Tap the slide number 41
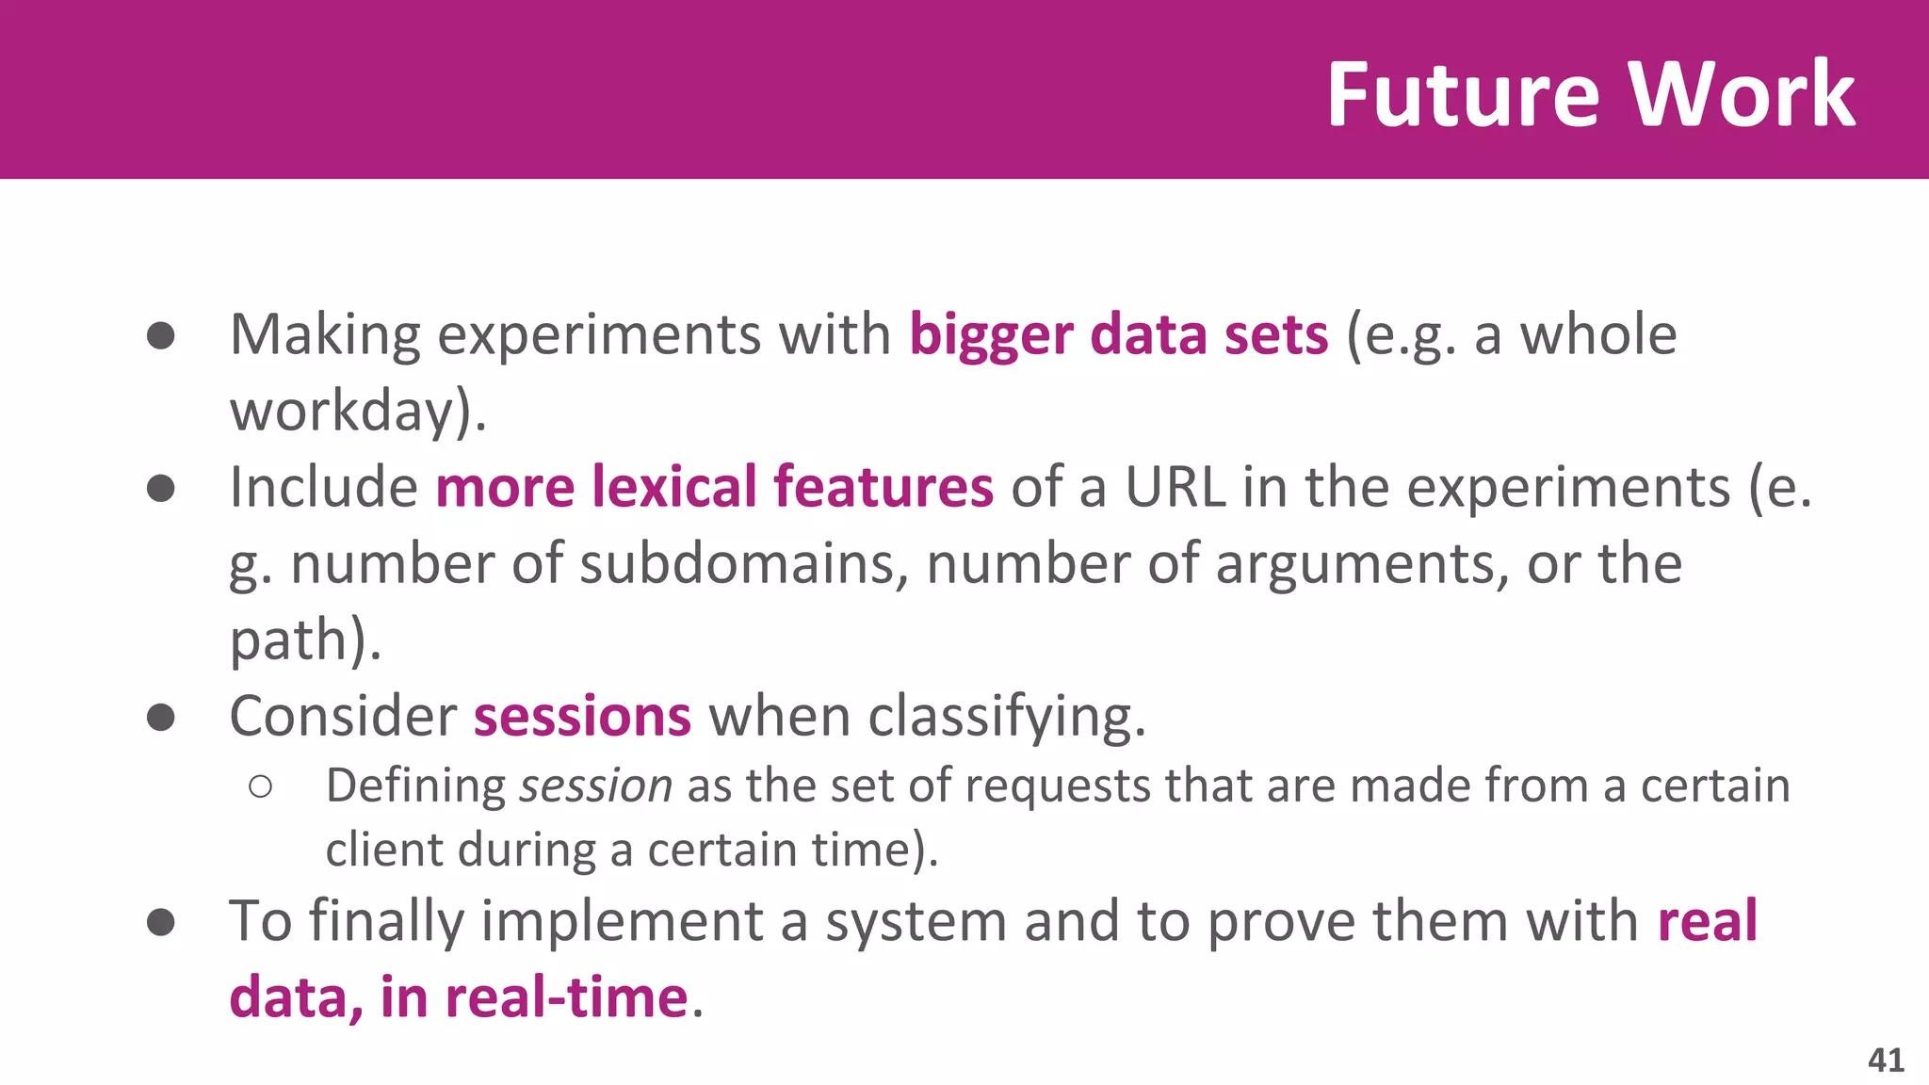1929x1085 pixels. pos(1886,1060)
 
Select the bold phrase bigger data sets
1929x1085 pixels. pos(1118,335)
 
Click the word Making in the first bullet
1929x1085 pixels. pos(325,335)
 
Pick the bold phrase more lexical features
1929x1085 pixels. pos(714,488)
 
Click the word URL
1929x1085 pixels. pos(1175,488)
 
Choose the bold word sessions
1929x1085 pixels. pos(582,717)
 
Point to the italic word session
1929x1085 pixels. pos(595,786)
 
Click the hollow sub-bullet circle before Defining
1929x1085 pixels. pos(261,786)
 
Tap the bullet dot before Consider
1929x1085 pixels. pos(161,717)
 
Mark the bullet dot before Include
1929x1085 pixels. pos(161,488)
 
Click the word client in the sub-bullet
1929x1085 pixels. pos(383,850)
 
